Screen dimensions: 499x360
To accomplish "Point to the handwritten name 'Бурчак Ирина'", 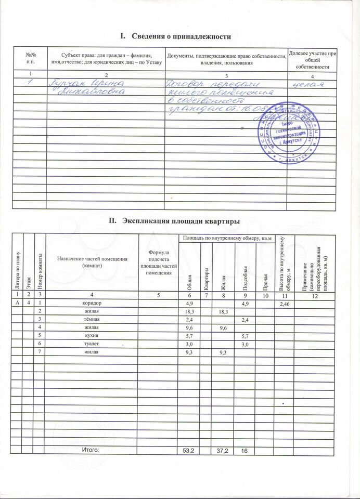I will (x=86, y=83).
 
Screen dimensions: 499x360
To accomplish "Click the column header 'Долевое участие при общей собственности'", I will (x=312, y=60).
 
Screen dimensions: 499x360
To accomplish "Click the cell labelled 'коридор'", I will (x=92, y=303).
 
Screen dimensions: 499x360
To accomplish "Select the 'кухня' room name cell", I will (x=92, y=336).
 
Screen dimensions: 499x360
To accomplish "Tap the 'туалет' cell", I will (x=92, y=344).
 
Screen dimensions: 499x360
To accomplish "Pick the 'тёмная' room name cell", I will (x=92, y=319).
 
